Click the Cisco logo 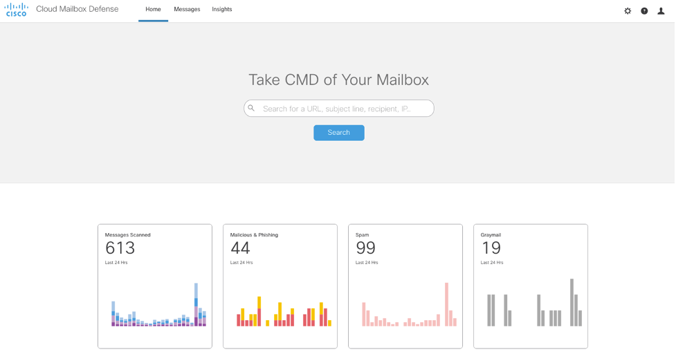click(17, 10)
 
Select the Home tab click(153, 10)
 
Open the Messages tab click(187, 10)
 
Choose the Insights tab click(222, 10)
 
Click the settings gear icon click(628, 11)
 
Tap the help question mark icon click(644, 11)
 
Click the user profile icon click(661, 11)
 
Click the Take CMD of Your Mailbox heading click(338, 80)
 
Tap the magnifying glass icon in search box click(252, 109)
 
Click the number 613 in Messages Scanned click(120, 248)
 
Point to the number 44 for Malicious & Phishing click(240, 248)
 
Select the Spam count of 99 click(365, 248)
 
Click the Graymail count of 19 click(490, 248)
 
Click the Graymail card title click(491, 235)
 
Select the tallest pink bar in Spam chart click(447, 304)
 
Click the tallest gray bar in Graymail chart click(572, 302)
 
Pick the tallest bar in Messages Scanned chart click(197, 304)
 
